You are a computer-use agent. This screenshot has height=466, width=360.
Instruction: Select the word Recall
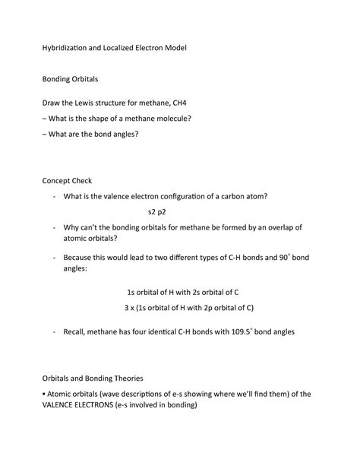tap(79, 332)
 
